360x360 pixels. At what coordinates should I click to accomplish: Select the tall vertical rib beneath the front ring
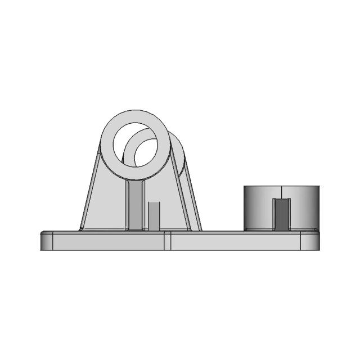tap(136, 205)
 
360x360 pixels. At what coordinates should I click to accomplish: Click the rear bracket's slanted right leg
tap(193, 208)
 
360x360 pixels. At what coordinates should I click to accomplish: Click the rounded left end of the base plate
tap(46, 241)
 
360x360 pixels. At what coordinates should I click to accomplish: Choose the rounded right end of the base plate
tap(310, 241)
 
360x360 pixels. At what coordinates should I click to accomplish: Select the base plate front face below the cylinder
tap(236, 242)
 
